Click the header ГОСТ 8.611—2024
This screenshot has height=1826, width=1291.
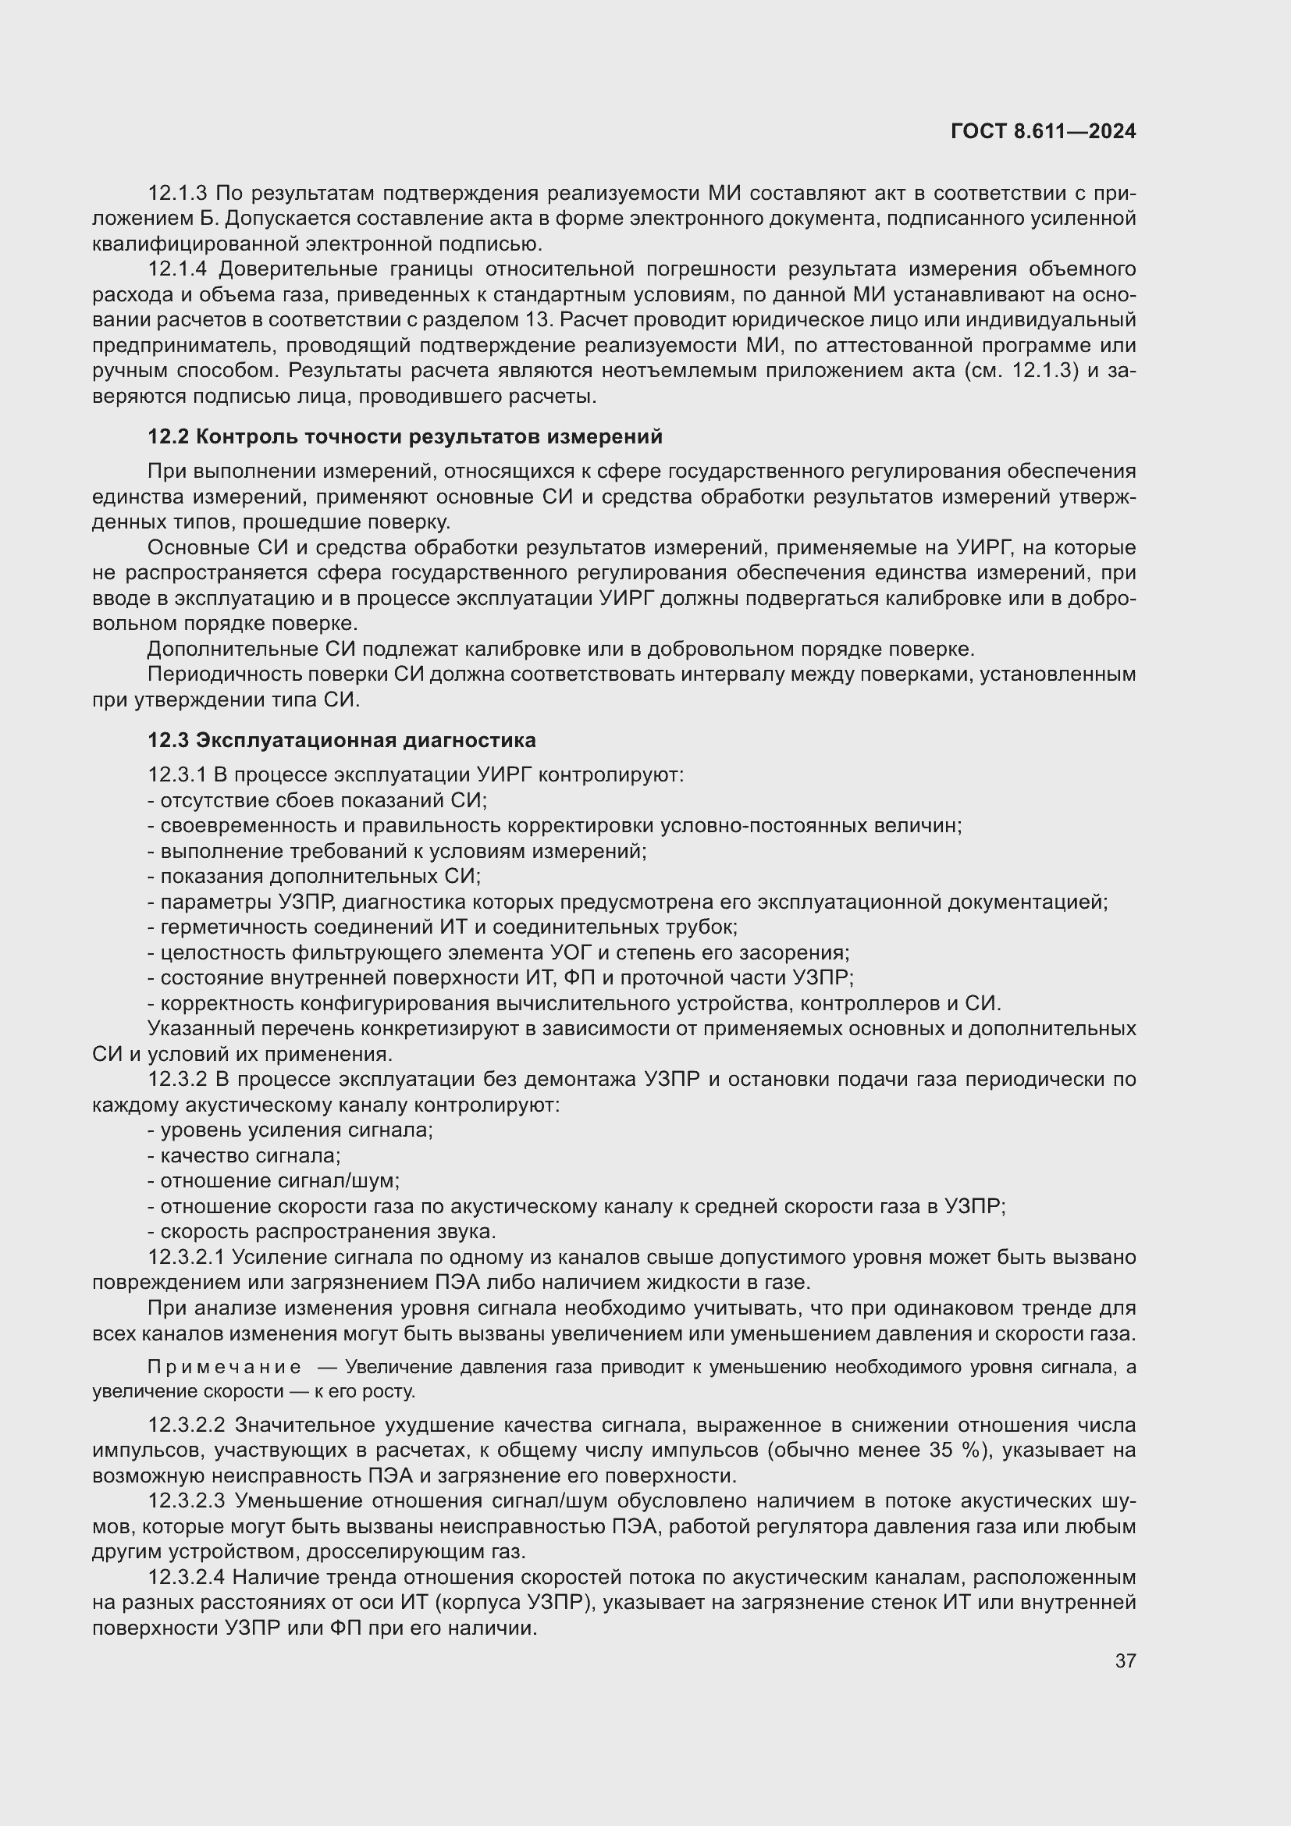pyautogui.click(x=1042, y=132)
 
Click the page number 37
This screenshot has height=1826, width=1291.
pyautogui.click(x=1125, y=1660)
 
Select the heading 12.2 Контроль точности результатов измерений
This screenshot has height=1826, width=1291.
pyautogui.click(x=404, y=436)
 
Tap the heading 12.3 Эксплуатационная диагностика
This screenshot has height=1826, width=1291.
pyautogui.click(x=342, y=740)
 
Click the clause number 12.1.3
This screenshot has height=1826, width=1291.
pyautogui.click(x=177, y=194)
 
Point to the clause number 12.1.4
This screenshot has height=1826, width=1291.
pyautogui.click(x=178, y=269)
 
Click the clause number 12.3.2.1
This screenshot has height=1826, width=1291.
pyautogui.click(x=187, y=1258)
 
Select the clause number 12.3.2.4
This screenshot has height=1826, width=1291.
pyautogui.click(x=187, y=1577)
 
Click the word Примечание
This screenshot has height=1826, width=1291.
pyautogui.click(x=224, y=1367)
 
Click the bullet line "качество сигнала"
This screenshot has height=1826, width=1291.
pyautogui.click(x=245, y=1155)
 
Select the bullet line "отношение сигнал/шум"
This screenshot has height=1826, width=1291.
pyautogui.click(x=274, y=1181)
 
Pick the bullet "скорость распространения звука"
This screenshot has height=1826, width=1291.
pyautogui.click(x=322, y=1232)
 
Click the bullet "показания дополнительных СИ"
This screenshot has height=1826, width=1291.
pyautogui.click(x=315, y=877)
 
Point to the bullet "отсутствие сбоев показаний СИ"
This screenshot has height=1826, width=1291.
pyautogui.click(x=318, y=800)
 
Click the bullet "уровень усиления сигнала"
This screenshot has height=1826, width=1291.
pyautogui.click(x=291, y=1130)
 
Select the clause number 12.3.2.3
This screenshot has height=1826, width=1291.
pyautogui.click(x=187, y=1500)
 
